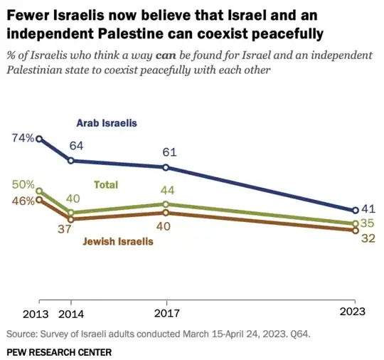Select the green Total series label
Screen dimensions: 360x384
click(x=106, y=184)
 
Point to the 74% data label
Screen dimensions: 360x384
click(x=23, y=138)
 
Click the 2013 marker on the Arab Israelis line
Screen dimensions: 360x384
click(x=40, y=139)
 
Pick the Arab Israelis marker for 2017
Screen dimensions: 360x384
click(x=166, y=168)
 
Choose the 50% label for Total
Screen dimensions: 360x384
click(x=23, y=184)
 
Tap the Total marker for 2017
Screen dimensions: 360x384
click(x=166, y=204)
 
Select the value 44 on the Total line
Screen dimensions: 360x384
click(x=166, y=190)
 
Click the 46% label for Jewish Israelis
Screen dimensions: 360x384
click(x=23, y=201)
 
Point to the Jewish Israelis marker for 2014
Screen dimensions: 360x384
click(x=70, y=219)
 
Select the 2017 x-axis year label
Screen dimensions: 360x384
click(x=166, y=313)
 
